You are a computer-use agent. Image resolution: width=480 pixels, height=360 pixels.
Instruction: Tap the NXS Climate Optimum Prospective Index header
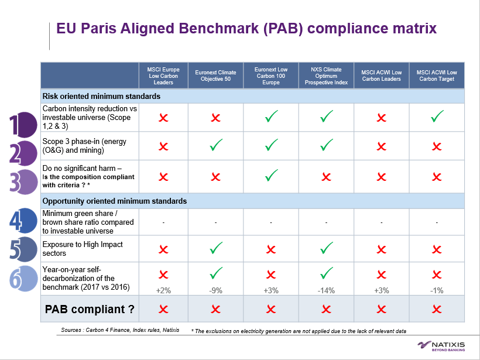pyautogui.click(x=327, y=76)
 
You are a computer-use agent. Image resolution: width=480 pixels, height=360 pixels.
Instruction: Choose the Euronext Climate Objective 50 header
pyautogui.click(x=215, y=76)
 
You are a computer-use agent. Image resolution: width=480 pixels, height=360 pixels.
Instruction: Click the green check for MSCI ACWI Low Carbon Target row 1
pyautogui.click(x=437, y=117)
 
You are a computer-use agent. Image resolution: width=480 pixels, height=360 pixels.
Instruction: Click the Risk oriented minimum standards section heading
pyautogui.click(x=101, y=96)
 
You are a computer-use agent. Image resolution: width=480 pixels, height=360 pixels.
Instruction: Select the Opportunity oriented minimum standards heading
pyautogui.click(x=115, y=201)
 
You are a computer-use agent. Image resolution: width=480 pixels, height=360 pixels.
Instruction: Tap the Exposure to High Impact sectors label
pyautogui.click(x=83, y=249)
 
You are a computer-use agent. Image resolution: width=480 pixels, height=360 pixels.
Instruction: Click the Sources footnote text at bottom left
pyautogui.click(x=120, y=331)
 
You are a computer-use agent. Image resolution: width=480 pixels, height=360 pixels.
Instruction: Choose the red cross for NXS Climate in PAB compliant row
pyautogui.click(x=327, y=309)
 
